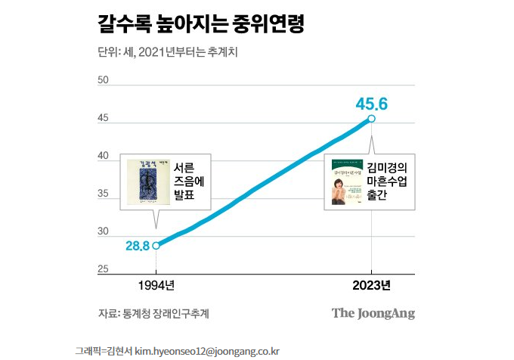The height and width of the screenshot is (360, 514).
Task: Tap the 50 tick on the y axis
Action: [104, 80]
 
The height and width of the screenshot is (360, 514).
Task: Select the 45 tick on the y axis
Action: [104, 118]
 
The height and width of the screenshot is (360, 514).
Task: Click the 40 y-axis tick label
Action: [104, 156]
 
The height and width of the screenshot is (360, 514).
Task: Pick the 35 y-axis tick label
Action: [104, 194]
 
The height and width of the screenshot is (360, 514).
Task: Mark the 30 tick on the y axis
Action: [104, 231]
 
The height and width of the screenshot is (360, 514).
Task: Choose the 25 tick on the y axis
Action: [104, 269]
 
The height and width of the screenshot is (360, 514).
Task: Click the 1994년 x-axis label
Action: [156, 286]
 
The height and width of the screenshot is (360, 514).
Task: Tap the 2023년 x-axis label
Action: [371, 286]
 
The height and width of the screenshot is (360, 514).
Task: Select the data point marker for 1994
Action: [156, 245]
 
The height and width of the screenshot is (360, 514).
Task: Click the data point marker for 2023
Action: [371, 118]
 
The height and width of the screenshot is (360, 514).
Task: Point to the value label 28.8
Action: [137, 246]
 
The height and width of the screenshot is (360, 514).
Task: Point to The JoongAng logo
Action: [373, 313]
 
